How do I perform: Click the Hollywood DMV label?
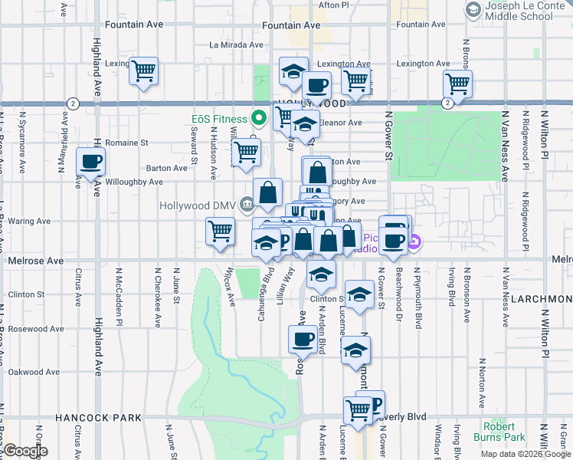(x=198, y=205)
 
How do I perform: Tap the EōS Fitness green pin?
(x=258, y=119)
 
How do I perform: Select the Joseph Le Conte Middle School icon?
(x=473, y=9)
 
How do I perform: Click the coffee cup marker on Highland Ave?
(x=91, y=162)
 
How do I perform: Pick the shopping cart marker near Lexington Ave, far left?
(x=144, y=71)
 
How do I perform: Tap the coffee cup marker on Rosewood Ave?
(x=303, y=340)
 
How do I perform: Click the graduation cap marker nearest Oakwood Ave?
(x=355, y=350)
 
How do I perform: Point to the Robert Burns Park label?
(x=503, y=432)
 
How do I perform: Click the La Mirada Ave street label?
(x=237, y=45)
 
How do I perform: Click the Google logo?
(x=25, y=451)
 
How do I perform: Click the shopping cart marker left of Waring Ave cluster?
(x=220, y=232)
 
